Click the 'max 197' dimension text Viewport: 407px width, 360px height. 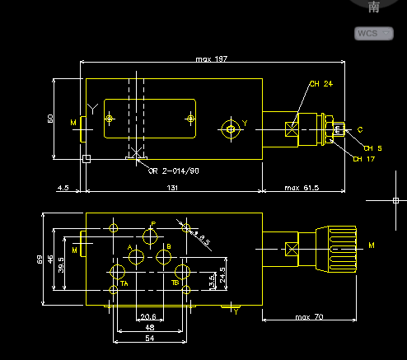pyautogui.click(x=211, y=59)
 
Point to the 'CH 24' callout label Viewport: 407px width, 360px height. pyautogui.click(x=320, y=84)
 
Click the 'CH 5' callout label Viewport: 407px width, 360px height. pyautogui.click(x=373, y=148)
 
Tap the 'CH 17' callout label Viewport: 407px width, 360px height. pyautogui.click(x=363, y=159)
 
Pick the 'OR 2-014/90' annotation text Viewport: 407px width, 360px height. pyautogui.click(x=173, y=171)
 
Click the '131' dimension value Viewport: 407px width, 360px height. pyautogui.click(x=171, y=189)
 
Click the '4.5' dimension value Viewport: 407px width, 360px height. pyautogui.click(x=63, y=189)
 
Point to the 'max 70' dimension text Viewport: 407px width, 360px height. pyautogui.click(x=310, y=317)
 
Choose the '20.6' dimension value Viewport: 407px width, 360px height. pyautogui.click(x=148, y=317)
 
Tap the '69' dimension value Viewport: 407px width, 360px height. pyautogui.click(x=39, y=259)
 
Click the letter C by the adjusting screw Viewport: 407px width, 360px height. pyautogui.click(x=359, y=129)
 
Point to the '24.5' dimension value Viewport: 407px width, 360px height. pyautogui.click(x=222, y=273)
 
